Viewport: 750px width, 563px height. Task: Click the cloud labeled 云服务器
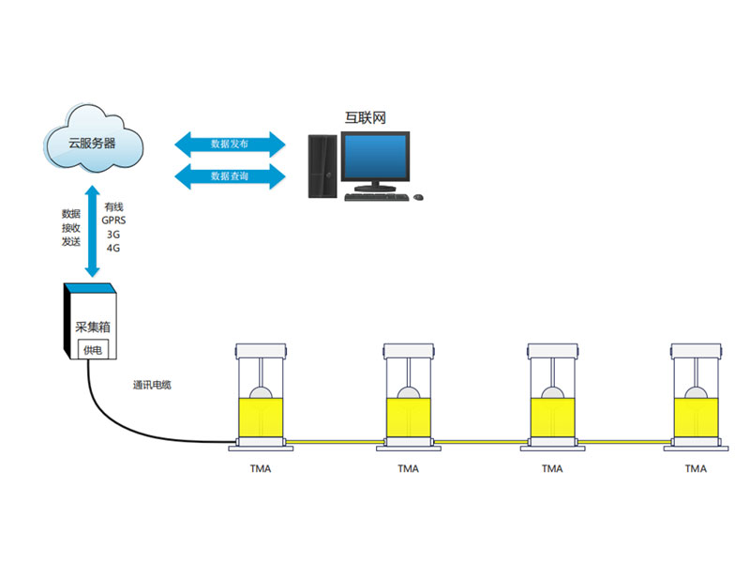click(94, 139)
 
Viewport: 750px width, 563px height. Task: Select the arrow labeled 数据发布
click(230, 145)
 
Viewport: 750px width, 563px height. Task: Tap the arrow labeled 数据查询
click(230, 176)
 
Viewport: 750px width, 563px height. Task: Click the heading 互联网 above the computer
click(365, 118)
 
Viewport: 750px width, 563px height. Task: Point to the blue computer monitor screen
click(376, 156)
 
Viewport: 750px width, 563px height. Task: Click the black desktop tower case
click(322, 166)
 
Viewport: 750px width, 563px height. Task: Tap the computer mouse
click(418, 197)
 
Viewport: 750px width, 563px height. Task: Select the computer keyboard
click(377, 197)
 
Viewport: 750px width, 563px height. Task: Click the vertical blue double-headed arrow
click(92, 231)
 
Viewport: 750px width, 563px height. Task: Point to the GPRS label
click(113, 221)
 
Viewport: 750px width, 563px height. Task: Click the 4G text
click(113, 248)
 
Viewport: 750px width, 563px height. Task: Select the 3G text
click(113, 235)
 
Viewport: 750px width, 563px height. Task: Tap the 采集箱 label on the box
click(92, 327)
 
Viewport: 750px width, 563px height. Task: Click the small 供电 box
click(93, 350)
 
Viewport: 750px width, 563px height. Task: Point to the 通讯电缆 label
click(152, 385)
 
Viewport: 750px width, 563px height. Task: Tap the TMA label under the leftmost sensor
click(261, 468)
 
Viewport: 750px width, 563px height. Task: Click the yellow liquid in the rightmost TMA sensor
click(696, 418)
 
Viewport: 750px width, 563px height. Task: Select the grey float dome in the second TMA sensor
click(408, 392)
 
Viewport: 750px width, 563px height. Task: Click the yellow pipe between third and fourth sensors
click(624, 441)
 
